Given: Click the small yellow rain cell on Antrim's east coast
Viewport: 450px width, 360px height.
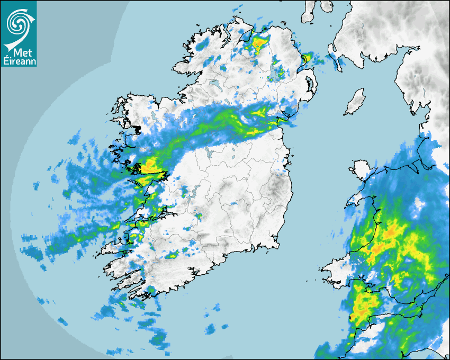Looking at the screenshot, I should click(x=305, y=59).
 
